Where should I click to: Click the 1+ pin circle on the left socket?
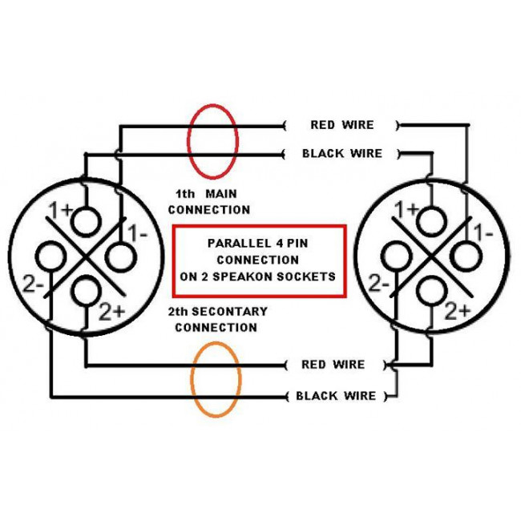tap(87, 221)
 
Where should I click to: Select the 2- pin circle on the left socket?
tap(50, 256)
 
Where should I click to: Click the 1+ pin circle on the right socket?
tap(432, 221)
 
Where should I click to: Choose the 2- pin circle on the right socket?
tap(396, 257)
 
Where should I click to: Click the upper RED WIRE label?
tap(342, 125)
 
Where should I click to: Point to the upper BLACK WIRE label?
tap(342, 154)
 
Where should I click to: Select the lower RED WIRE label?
tap(333, 365)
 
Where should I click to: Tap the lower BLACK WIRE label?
tap(336, 396)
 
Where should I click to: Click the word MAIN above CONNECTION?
tap(221, 194)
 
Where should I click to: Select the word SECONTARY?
tap(229, 311)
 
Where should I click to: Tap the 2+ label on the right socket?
tap(458, 311)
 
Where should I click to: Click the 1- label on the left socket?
tap(138, 233)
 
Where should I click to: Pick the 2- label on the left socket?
tap(34, 285)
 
